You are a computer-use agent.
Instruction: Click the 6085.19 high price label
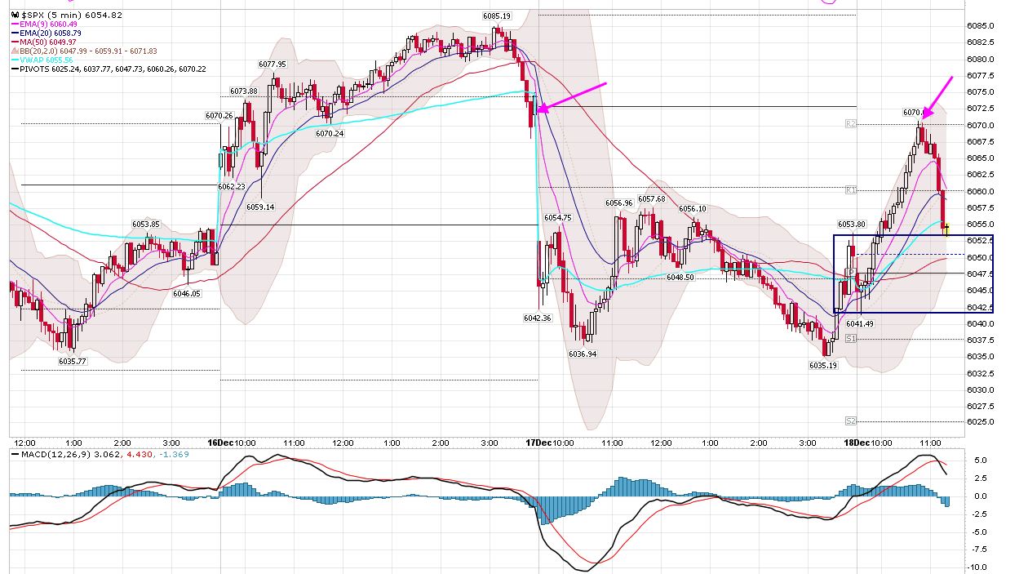[x=496, y=16]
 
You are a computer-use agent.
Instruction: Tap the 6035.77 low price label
[x=73, y=360]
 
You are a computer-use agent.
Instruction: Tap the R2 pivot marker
[x=850, y=124]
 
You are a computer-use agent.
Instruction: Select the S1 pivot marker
[x=850, y=338]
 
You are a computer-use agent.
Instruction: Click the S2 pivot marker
[x=850, y=421]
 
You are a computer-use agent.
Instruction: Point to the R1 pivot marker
[x=850, y=190]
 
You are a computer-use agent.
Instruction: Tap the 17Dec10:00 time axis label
[x=551, y=443]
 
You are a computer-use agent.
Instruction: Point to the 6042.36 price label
[x=537, y=318]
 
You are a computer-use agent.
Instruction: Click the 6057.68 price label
[x=651, y=198]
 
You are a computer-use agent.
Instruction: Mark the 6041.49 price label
[x=860, y=324]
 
